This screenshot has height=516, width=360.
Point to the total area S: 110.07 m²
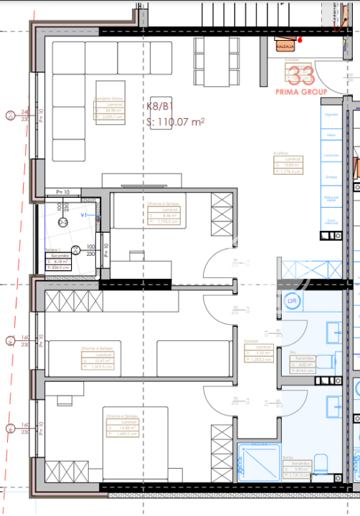[x=175, y=122]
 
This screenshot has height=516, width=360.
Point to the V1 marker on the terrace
[x=83, y=214]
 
